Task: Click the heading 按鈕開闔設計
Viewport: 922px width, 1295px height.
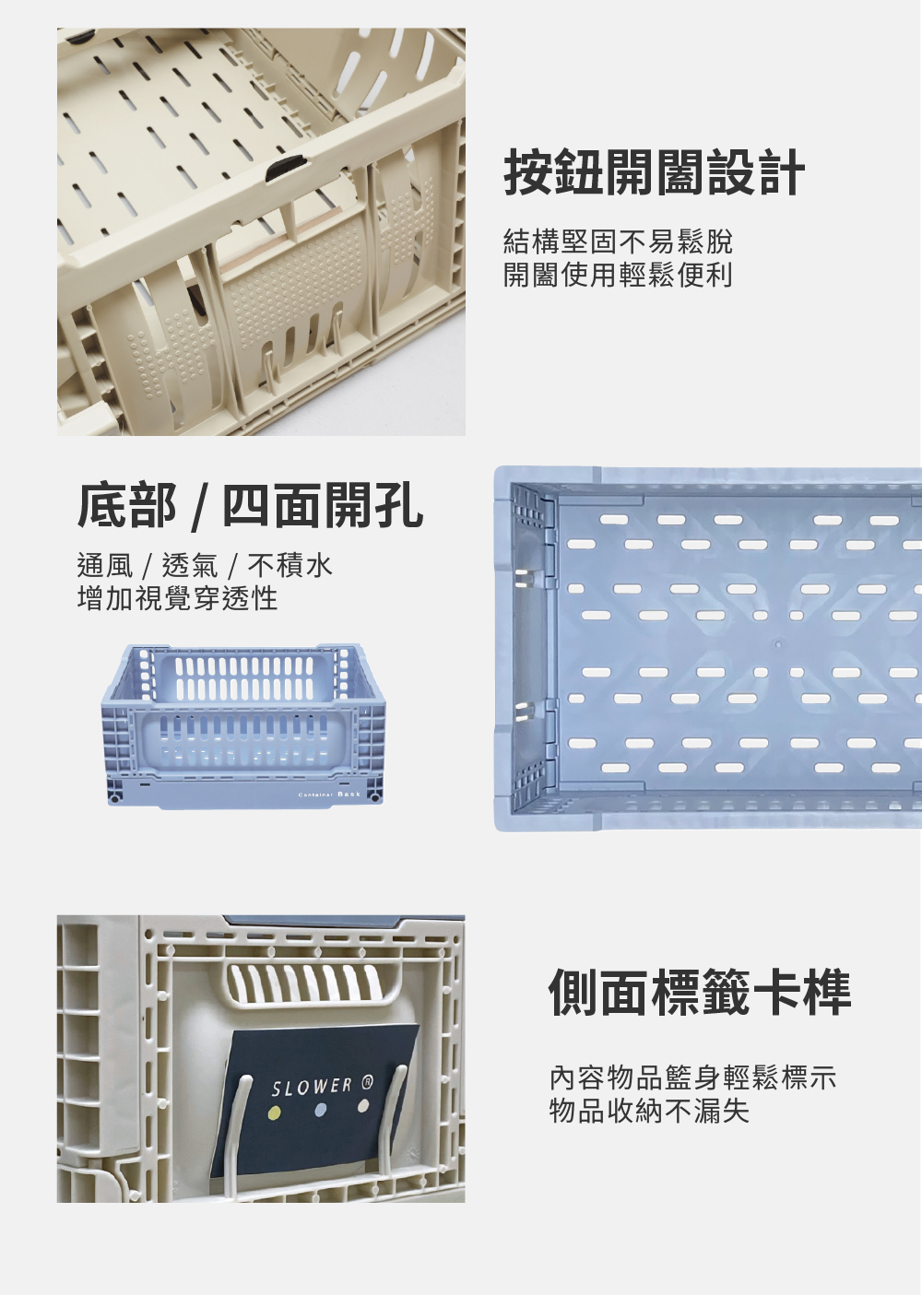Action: [655, 172]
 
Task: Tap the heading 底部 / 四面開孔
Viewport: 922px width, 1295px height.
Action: [251, 506]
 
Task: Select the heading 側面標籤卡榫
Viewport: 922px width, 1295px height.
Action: [699, 992]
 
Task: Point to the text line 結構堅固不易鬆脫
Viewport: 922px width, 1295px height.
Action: [618, 241]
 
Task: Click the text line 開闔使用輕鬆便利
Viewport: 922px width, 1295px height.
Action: [618, 275]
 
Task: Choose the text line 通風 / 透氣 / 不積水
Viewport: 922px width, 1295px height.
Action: [205, 565]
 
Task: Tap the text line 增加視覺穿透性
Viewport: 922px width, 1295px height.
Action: [178, 598]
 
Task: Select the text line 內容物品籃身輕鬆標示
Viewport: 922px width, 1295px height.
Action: [693, 1077]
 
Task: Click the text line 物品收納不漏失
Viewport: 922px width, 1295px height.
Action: [649, 1111]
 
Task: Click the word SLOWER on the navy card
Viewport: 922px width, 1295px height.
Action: [312, 1087]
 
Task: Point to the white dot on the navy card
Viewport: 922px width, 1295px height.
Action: [363, 1106]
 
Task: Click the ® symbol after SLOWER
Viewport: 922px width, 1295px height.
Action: [367, 1082]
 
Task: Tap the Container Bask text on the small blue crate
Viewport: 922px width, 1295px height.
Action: [329, 795]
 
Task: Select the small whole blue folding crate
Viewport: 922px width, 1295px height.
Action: [242, 726]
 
